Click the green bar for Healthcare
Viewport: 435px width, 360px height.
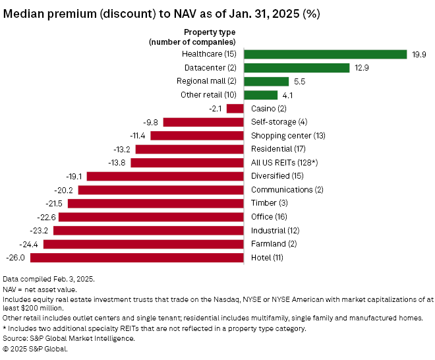coord(325,54)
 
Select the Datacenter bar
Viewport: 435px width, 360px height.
coord(297,68)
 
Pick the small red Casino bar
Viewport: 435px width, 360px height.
coord(235,108)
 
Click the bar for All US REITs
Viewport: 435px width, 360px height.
coord(188,162)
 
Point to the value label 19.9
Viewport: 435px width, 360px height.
coord(419,55)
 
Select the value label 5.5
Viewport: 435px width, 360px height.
coord(299,82)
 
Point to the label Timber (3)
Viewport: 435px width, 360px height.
coord(269,203)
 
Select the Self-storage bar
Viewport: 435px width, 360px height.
coord(204,122)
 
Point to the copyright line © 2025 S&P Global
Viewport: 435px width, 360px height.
coord(35,349)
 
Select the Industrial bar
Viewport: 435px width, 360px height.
coord(149,230)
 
